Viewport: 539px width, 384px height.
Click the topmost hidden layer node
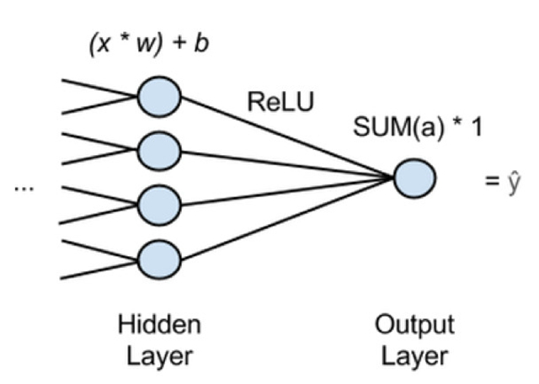(161, 97)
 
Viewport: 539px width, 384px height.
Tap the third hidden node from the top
(161, 203)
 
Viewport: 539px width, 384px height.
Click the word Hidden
(160, 325)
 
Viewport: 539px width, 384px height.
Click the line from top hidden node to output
(286, 136)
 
